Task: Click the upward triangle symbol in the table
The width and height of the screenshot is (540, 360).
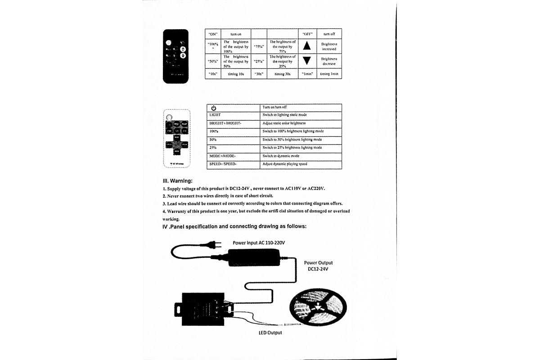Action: [x=306, y=46]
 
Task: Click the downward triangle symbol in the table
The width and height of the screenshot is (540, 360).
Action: [x=306, y=61]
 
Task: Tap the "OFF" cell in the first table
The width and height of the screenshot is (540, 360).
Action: [x=307, y=34]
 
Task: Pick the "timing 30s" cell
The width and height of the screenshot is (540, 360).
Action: [x=282, y=74]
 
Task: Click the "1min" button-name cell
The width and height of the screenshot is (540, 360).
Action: [x=307, y=74]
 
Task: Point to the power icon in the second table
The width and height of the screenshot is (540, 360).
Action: [x=214, y=108]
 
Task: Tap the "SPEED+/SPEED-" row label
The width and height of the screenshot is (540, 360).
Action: [x=223, y=164]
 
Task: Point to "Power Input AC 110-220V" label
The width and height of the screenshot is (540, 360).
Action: [x=259, y=243]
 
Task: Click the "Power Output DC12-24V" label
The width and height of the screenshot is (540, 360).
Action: [x=318, y=265]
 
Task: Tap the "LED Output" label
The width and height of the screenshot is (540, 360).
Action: [x=270, y=333]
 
